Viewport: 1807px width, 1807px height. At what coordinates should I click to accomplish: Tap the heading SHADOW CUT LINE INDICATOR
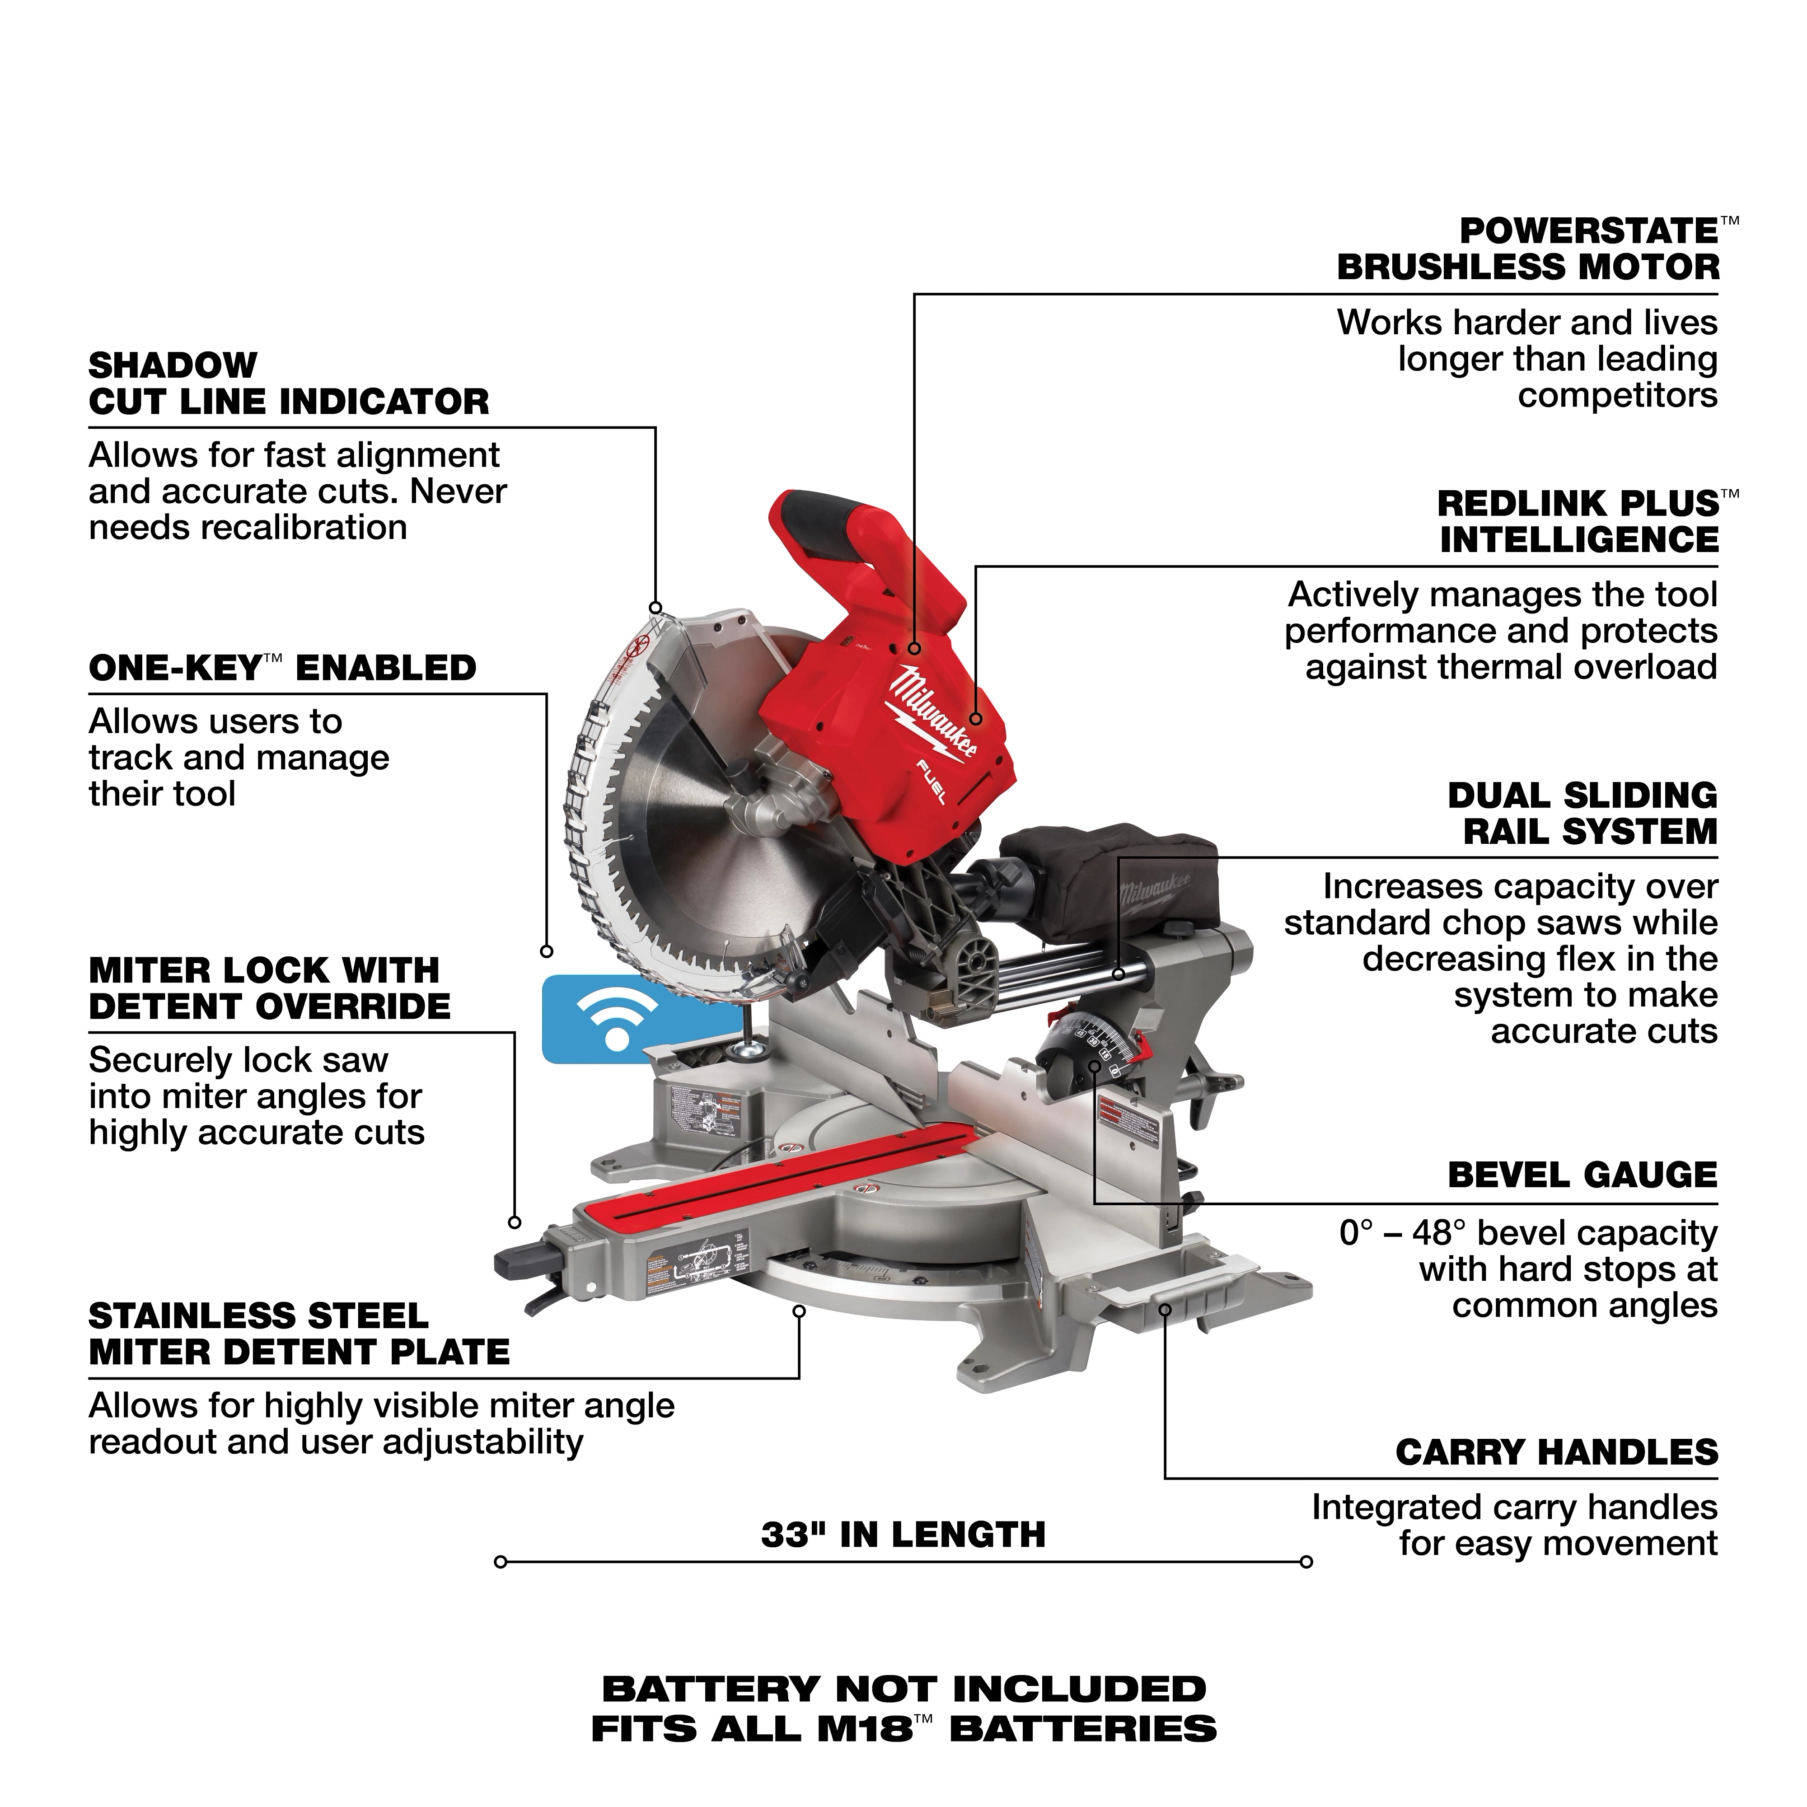tap(288, 384)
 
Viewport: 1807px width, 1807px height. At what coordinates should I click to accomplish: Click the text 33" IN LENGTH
tap(903, 1535)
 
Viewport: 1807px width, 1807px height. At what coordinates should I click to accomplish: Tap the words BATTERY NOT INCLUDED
tap(903, 1689)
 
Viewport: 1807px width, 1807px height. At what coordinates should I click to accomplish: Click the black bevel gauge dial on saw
tap(1085, 1048)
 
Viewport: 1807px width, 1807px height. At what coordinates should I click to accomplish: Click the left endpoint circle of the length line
tap(501, 1562)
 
